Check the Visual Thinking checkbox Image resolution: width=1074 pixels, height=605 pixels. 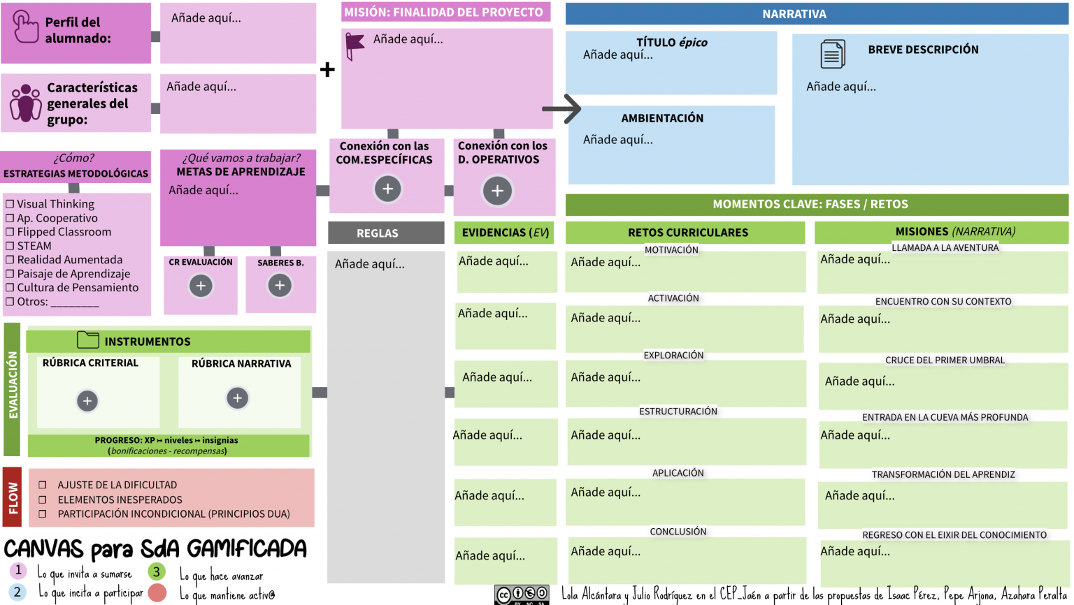(10, 204)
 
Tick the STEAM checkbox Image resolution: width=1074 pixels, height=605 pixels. (10, 246)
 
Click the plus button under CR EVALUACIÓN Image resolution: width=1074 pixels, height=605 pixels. (201, 286)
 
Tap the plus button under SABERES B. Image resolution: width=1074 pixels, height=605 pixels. (280, 286)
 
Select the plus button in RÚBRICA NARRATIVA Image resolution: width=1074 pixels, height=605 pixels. (237, 398)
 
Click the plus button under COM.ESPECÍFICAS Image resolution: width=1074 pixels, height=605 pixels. (387, 189)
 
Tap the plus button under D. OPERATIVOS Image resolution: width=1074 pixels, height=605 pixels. (497, 191)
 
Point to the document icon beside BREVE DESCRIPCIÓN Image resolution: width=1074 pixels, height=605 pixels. (832, 54)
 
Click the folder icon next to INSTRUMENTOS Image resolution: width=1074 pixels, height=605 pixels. (87, 340)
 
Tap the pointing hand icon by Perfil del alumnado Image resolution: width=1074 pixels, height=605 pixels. (25, 27)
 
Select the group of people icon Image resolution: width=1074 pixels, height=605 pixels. (25, 103)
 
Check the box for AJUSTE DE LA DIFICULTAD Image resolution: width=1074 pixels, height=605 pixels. (43, 485)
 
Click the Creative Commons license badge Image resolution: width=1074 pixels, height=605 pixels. (522, 595)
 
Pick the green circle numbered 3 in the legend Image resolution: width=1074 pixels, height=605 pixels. (157, 571)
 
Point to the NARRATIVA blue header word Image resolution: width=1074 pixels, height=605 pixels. (794, 14)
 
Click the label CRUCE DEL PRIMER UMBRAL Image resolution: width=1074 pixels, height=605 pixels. (945, 360)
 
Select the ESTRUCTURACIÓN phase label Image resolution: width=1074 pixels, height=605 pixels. (678, 411)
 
